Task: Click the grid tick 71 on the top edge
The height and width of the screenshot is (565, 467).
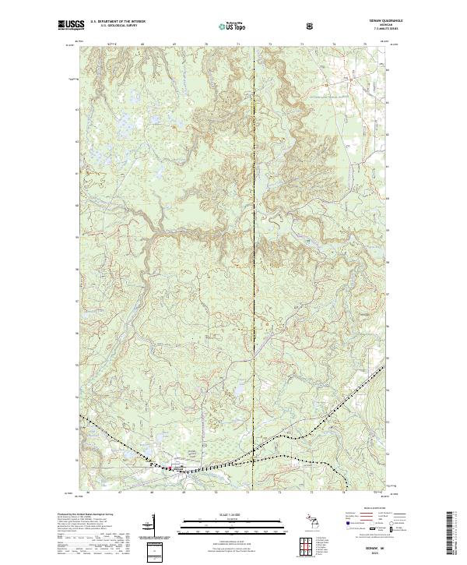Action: [x=238, y=45]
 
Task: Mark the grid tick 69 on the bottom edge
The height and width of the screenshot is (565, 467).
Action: [x=184, y=493]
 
